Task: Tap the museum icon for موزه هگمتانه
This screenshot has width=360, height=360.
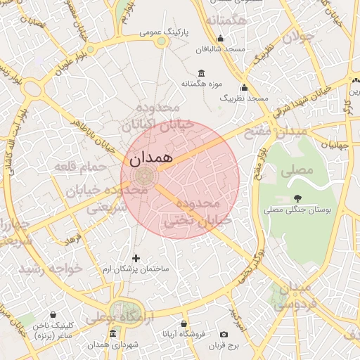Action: pyautogui.click(x=202, y=74)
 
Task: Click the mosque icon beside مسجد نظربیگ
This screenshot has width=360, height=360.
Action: pyautogui.click(x=244, y=88)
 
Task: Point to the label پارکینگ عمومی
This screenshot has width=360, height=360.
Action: pyautogui.click(x=161, y=31)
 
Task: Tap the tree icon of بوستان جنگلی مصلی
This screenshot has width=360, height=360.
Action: pyautogui.click(x=298, y=198)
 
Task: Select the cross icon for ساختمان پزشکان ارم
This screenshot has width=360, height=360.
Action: pyautogui.click(x=136, y=258)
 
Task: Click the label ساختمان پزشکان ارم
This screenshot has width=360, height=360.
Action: pyautogui.click(x=136, y=269)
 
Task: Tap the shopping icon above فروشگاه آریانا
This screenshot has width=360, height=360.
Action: pyautogui.click(x=184, y=324)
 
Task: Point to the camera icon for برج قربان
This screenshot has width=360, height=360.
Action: pyautogui.click(x=224, y=334)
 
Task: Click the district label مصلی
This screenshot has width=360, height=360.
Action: pyautogui.click(x=297, y=169)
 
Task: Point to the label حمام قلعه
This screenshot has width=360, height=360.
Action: pyautogui.click(x=80, y=167)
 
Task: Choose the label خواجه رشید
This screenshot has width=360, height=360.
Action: pyautogui.click(x=51, y=269)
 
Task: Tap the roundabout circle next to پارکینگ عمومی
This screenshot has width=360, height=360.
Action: pyautogui.click(x=162, y=42)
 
